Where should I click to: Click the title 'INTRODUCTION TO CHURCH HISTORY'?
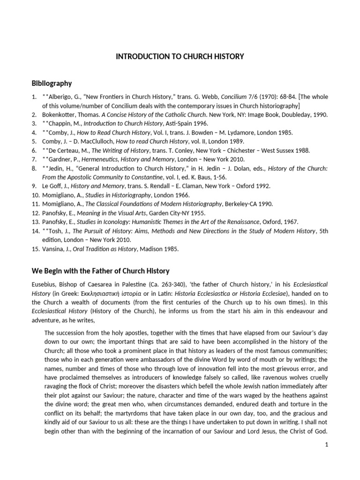180,57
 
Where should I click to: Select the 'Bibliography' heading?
51,83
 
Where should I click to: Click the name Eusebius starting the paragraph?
43,285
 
